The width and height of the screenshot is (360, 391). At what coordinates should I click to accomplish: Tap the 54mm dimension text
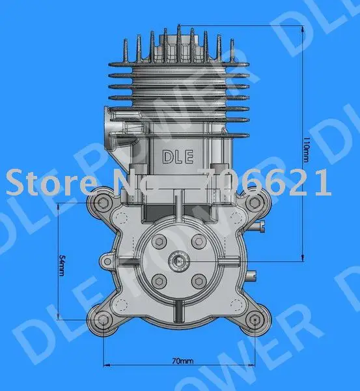point(61,264)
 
